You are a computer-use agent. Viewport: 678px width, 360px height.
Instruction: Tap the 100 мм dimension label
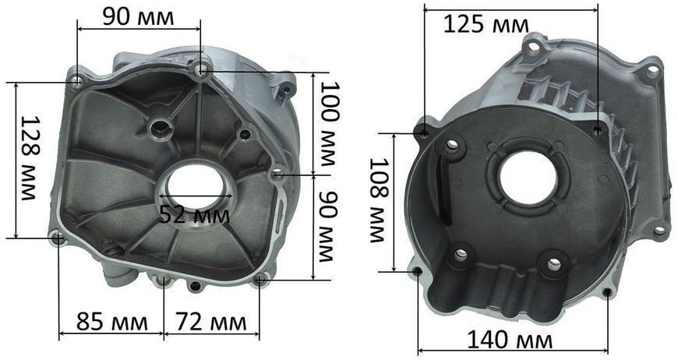[330, 125]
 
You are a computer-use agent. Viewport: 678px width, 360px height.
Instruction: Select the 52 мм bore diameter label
[194, 215]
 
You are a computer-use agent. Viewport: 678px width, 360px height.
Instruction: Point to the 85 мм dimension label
[112, 322]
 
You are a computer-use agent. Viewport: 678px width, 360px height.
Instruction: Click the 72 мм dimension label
[211, 322]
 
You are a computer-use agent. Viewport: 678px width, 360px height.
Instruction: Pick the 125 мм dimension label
[486, 25]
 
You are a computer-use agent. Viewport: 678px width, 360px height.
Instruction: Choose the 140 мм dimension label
[510, 340]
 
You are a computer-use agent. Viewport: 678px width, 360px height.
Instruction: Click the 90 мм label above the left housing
[139, 17]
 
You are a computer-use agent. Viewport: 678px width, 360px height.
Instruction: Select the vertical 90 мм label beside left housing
[328, 227]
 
